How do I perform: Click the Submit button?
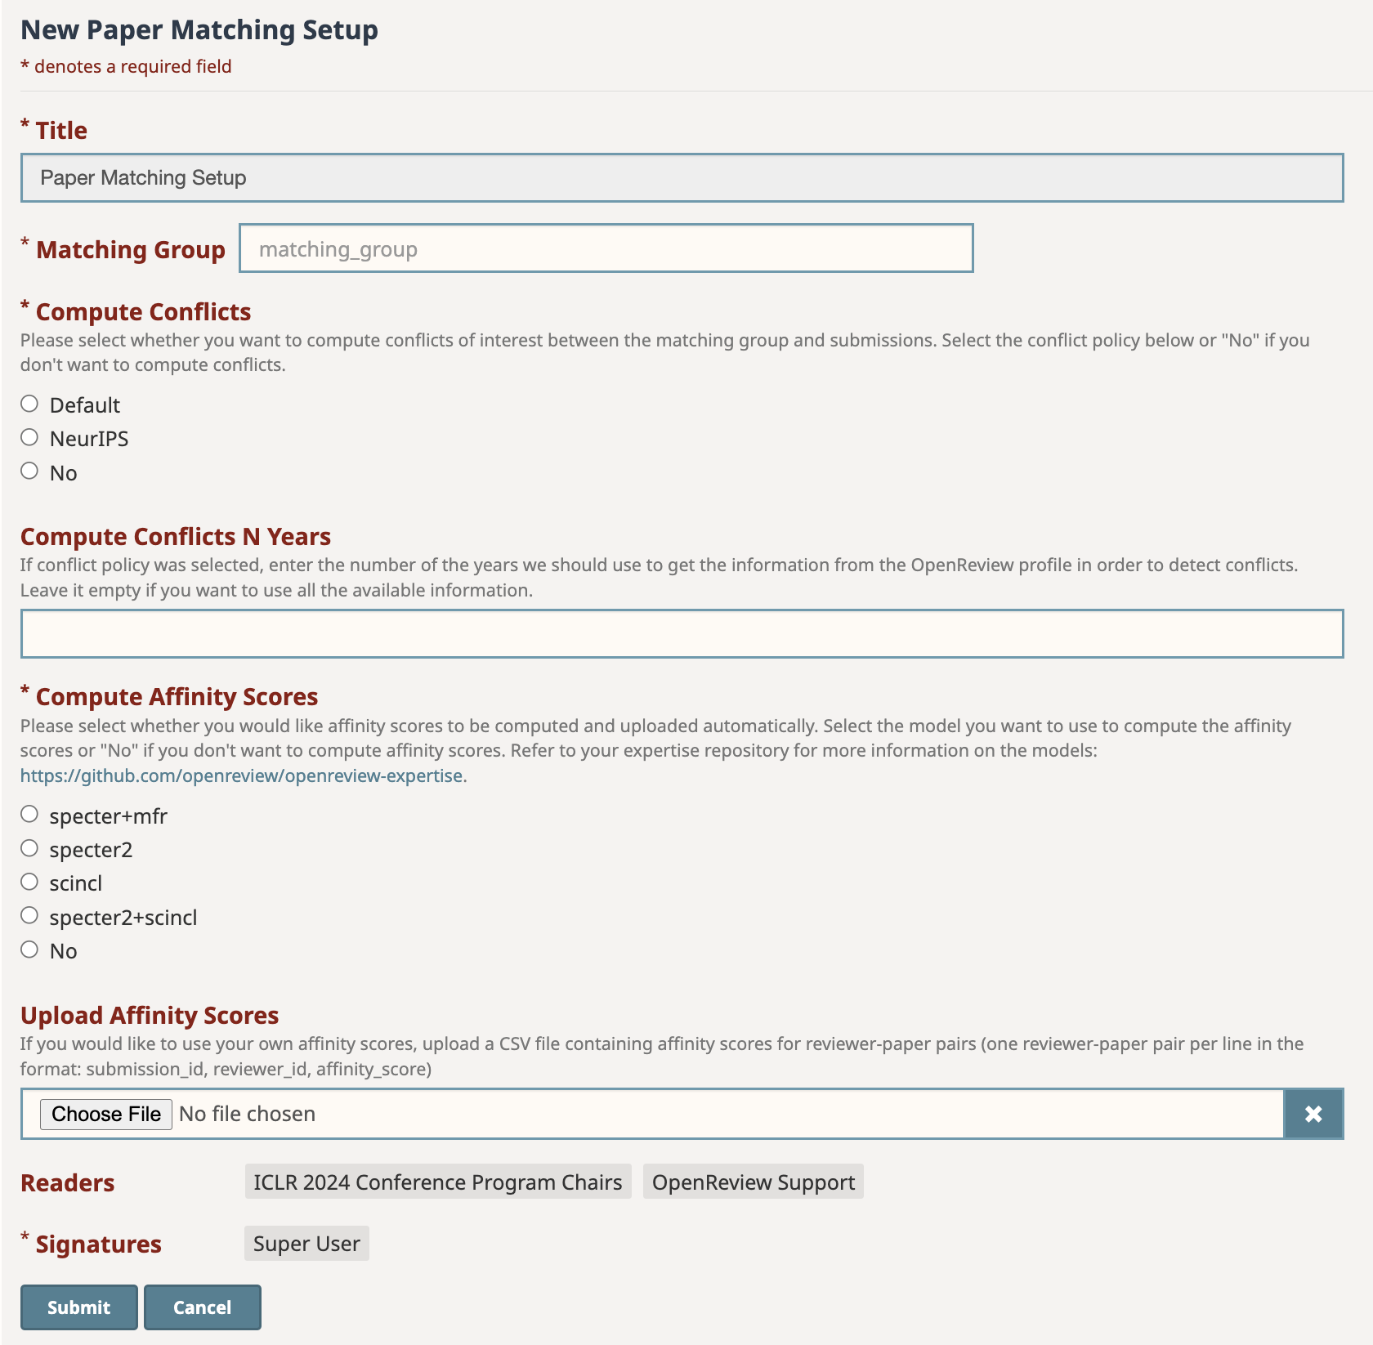[x=78, y=1307]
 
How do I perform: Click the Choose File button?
[x=106, y=1114]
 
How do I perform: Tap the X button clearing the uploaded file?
[x=1313, y=1114]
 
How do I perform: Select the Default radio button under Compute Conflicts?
[x=29, y=404]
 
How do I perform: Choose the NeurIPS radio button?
[x=29, y=437]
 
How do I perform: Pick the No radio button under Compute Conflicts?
[x=29, y=471]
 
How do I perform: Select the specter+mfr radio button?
[x=29, y=814]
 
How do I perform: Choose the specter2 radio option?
[x=29, y=848]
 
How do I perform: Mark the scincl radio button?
[x=29, y=882]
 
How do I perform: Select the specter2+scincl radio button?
[x=29, y=915]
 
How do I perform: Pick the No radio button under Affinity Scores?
[x=29, y=950]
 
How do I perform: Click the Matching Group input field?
[x=606, y=248]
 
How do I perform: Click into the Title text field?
[x=682, y=178]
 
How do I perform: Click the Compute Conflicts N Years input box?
[x=682, y=633]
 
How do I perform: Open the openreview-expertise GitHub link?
[x=241, y=775]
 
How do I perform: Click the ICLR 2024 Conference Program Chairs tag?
[x=438, y=1182]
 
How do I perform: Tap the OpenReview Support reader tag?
[x=753, y=1182]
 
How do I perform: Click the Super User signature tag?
[x=306, y=1244]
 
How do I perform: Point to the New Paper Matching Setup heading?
[x=199, y=30]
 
